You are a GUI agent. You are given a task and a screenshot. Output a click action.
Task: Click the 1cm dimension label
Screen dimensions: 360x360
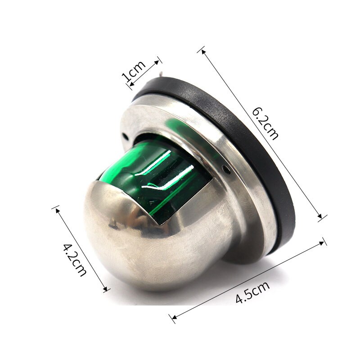pos(134,72)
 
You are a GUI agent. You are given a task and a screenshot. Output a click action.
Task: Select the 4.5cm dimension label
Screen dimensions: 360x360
pos(252,293)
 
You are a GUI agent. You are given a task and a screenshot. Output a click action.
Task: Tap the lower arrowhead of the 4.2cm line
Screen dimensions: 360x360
pos(107,290)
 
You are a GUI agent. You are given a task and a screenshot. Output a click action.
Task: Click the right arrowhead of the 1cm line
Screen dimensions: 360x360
pos(157,59)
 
